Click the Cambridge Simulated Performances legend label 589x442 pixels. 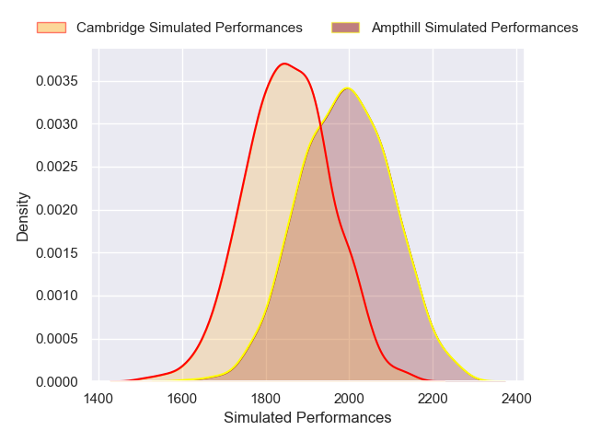click(x=189, y=28)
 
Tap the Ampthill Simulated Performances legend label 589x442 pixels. click(x=475, y=28)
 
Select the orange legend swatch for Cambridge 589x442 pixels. click(x=51, y=28)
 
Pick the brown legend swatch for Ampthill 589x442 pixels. click(x=346, y=28)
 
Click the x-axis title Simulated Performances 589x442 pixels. click(x=307, y=418)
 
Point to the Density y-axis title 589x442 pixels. click(x=23, y=216)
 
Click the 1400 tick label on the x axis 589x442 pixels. click(x=99, y=398)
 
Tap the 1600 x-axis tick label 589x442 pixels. click(x=183, y=398)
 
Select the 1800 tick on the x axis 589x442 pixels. click(x=266, y=398)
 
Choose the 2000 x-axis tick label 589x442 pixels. click(x=349, y=398)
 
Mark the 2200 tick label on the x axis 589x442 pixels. click(x=433, y=398)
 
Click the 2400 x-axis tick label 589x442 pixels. click(x=515, y=398)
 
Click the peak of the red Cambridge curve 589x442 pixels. click(x=283, y=64)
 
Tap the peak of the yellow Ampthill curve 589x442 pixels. click(x=348, y=88)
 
